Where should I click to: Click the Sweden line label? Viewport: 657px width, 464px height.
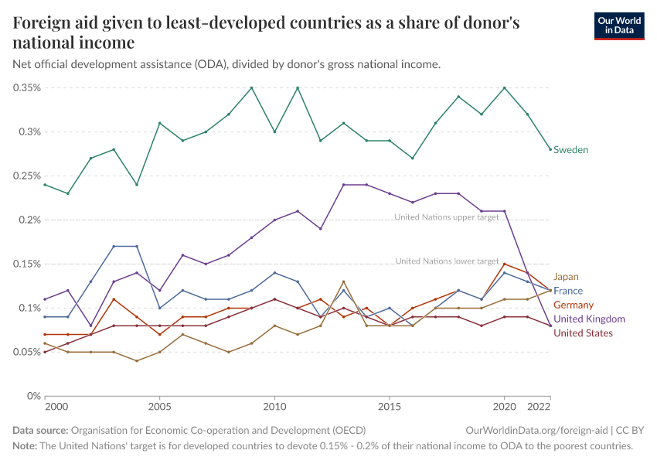click(x=570, y=149)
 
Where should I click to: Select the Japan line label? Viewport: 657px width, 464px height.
click(x=566, y=276)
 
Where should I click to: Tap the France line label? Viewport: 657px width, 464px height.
click(x=568, y=291)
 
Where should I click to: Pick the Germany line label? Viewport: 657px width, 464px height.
click(x=574, y=305)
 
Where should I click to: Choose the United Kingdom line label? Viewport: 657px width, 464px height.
click(x=589, y=319)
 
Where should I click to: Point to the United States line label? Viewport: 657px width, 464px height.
click(x=583, y=333)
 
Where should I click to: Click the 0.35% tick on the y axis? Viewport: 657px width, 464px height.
click(x=28, y=87)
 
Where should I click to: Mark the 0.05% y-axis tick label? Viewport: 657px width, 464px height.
click(x=28, y=352)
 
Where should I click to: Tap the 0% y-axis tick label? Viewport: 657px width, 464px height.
click(x=32, y=396)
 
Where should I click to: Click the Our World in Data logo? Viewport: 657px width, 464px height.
click(x=618, y=26)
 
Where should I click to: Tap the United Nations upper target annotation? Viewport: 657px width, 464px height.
click(x=447, y=217)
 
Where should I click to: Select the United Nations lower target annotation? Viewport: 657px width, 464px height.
click(x=447, y=261)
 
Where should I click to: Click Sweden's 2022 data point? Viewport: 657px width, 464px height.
click(x=550, y=149)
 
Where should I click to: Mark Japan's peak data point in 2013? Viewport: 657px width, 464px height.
click(x=343, y=281)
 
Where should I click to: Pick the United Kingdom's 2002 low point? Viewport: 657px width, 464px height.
click(x=90, y=326)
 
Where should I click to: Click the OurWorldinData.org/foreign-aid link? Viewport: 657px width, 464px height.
click(x=537, y=430)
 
